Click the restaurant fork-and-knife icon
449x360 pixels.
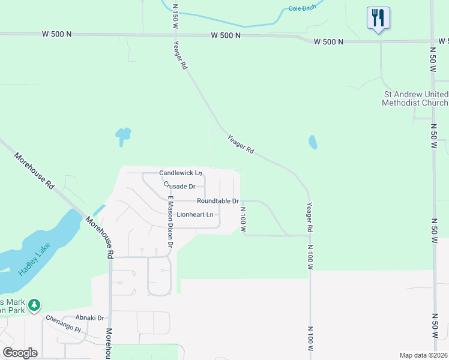click(x=378, y=18)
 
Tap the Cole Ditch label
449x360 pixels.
click(x=302, y=8)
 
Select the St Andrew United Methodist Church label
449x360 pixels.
click(x=415, y=98)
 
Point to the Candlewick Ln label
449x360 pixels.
click(x=180, y=173)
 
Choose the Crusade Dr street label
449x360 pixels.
click(x=179, y=187)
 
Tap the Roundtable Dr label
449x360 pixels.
click(x=218, y=201)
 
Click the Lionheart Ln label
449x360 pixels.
click(x=195, y=214)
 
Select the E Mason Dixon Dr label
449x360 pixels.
click(x=170, y=221)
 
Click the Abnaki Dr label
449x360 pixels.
click(x=90, y=318)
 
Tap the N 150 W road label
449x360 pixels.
click(x=175, y=16)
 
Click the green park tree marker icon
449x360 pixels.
click(x=35, y=305)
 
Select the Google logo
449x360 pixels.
click(x=20, y=353)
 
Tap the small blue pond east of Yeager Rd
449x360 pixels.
click(x=313, y=142)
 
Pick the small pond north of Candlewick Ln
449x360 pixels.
click(x=123, y=135)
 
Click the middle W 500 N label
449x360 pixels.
click(x=226, y=35)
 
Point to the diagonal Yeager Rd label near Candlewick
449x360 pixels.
click(x=241, y=146)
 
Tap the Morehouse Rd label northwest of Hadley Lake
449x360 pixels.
click(x=35, y=172)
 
